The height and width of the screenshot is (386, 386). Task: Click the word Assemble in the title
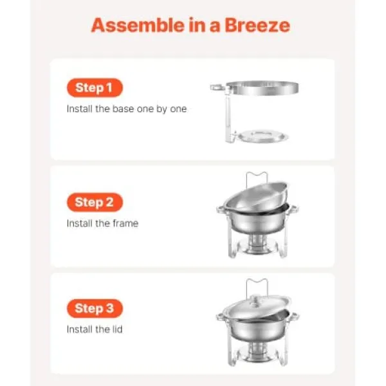click(x=138, y=25)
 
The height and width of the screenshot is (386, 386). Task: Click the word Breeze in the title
click(x=257, y=25)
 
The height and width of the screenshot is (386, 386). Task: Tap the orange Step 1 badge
click(x=95, y=87)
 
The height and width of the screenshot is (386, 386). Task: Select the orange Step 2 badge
click(x=95, y=202)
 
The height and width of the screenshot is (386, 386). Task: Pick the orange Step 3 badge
click(x=95, y=308)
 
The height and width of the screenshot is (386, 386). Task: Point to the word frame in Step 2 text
click(x=125, y=223)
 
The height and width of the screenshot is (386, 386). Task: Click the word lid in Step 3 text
click(x=116, y=329)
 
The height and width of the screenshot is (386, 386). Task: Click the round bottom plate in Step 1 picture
click(x=263, y=136)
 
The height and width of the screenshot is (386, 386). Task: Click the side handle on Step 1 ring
click(x=217, y=87)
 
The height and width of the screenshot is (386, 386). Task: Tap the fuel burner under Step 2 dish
click(x=257, y=244)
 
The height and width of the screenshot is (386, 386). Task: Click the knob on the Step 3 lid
click(x=256, y=299)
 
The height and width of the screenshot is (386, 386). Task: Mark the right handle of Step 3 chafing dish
click(x=295, y=316)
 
